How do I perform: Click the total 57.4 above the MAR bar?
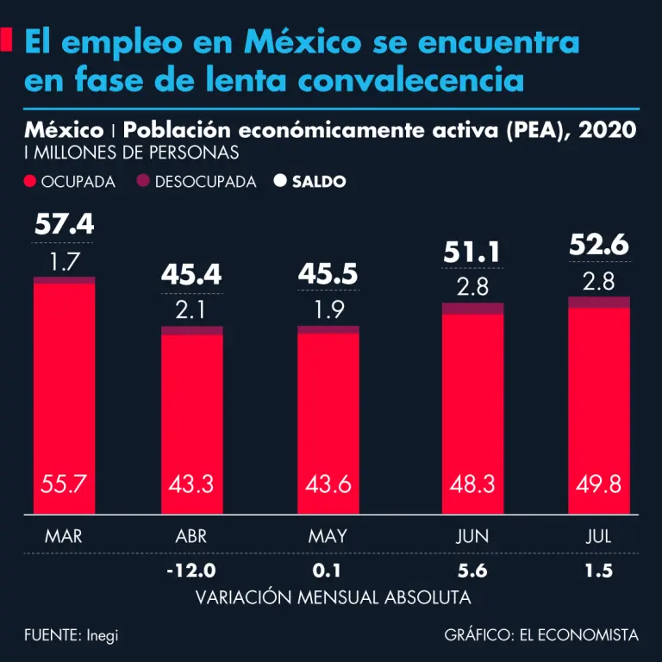click(x=64, y=225)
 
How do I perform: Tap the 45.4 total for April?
click(x=191, y=275)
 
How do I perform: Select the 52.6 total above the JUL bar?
click(x=599, y=246)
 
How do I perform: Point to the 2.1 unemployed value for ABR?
click(x=191, y=309)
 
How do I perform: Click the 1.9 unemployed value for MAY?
click(x=328, y=309)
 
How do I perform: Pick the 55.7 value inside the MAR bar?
click(x=64, y=484)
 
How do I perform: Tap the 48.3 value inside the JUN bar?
click(x=472, y=484)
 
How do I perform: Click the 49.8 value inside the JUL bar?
click(x=599, y=484)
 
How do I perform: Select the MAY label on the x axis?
click(x=328, y=536)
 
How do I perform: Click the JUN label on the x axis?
click(x=472, y=536)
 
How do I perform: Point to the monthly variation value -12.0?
click(x=191, y=571)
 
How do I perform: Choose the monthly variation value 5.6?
click(x=472, y=571)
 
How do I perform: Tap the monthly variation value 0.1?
click(x=328, y=571)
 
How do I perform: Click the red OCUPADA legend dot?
click(x=31, y=182)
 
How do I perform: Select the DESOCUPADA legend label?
click(x=205, y=182)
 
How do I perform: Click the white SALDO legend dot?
click(x=279, y=182)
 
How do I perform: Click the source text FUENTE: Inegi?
click(x=72, y=635)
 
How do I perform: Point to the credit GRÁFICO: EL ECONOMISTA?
click(x=541, y=635)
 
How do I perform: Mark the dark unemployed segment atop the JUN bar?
click(x=472, y=308)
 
